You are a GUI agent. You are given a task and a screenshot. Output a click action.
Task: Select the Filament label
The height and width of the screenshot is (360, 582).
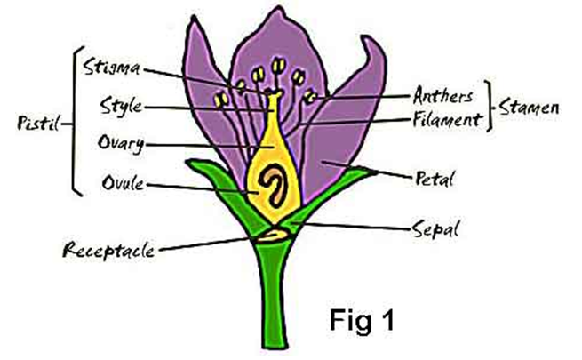[x=447, y=116]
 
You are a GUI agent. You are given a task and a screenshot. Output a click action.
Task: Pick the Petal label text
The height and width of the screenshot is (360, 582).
[x=435, y=180]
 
